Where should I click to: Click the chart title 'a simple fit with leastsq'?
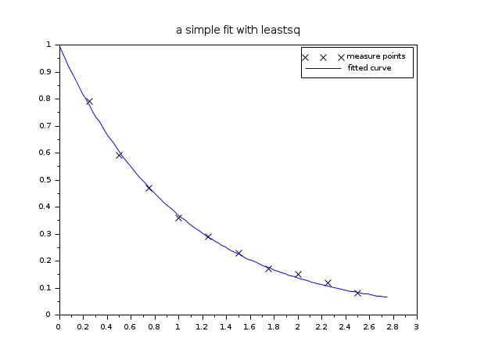coord(238,30)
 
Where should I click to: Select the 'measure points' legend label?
coord(375,56)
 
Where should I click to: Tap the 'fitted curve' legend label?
coord(369,68)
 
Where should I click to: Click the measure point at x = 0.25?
coord(89,102)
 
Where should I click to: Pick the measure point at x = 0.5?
coord(119,155)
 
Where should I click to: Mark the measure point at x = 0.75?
coord(149,188)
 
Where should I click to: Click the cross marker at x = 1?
coord(178,218)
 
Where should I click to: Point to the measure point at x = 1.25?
coord(208,236)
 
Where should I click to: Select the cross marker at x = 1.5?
coord(238,253)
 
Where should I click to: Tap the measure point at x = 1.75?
coord(268,268)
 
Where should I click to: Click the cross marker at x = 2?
coord(298,274)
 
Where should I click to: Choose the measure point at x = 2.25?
coord(328,283)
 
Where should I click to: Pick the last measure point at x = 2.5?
coord(357,293)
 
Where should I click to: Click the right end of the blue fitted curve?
coord(387,297)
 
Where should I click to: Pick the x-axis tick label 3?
coord(417,326)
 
